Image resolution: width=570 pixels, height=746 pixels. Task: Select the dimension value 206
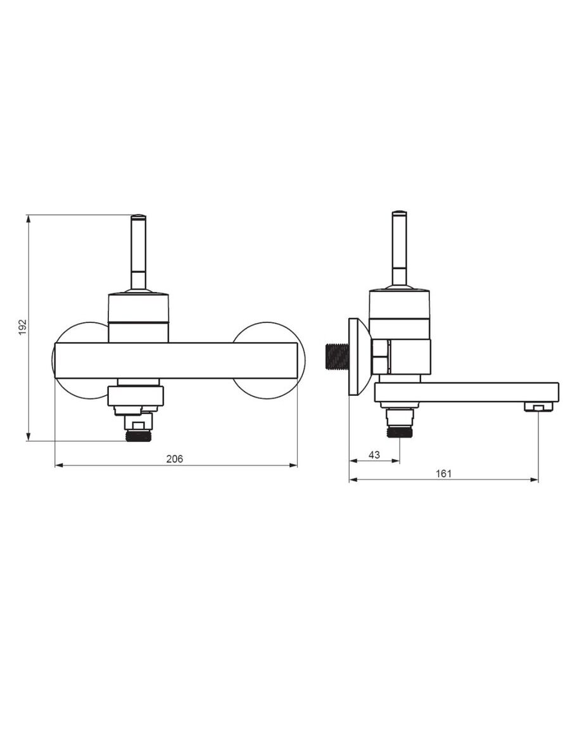click(174, 458)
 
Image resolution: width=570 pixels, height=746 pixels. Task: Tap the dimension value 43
click(374, 454)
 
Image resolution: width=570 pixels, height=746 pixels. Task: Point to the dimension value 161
click(443, 474)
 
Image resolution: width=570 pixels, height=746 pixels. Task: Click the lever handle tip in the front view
click(139, 218)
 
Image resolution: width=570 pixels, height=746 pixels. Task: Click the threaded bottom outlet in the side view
click(399, 432)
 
